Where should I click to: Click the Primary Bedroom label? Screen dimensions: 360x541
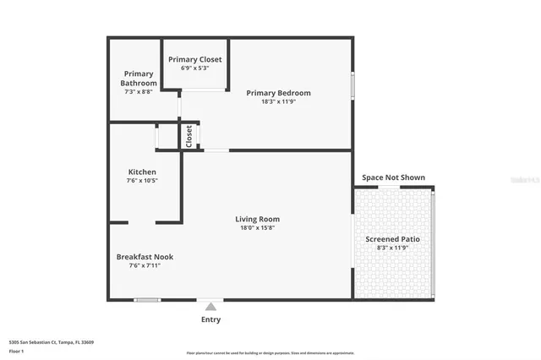point(278,93)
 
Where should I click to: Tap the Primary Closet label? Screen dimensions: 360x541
point(194,59)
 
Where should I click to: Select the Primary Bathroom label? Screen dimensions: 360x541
point(139,79)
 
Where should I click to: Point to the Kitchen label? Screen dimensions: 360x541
point(141,172)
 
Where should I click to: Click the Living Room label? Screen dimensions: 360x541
point(257,219)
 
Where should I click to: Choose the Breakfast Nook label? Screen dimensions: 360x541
point(145,256)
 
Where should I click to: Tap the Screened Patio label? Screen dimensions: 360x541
point(392,239)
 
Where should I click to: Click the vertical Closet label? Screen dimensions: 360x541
point(189,136)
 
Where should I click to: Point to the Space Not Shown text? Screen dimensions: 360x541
point(393,177)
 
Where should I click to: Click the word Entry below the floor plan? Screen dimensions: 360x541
point(210,319)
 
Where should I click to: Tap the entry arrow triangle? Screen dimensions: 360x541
point(210,306)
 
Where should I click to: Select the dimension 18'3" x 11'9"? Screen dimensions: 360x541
point(278,102)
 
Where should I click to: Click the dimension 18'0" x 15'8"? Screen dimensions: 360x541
point(257,227)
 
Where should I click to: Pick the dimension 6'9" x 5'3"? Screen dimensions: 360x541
point(194,68)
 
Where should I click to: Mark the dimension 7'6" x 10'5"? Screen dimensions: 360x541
point(141,180)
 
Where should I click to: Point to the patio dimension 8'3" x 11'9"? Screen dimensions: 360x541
point(392,248)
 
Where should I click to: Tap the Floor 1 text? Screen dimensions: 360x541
point(15,351)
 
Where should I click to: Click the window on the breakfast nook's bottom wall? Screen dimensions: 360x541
point(147,300)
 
